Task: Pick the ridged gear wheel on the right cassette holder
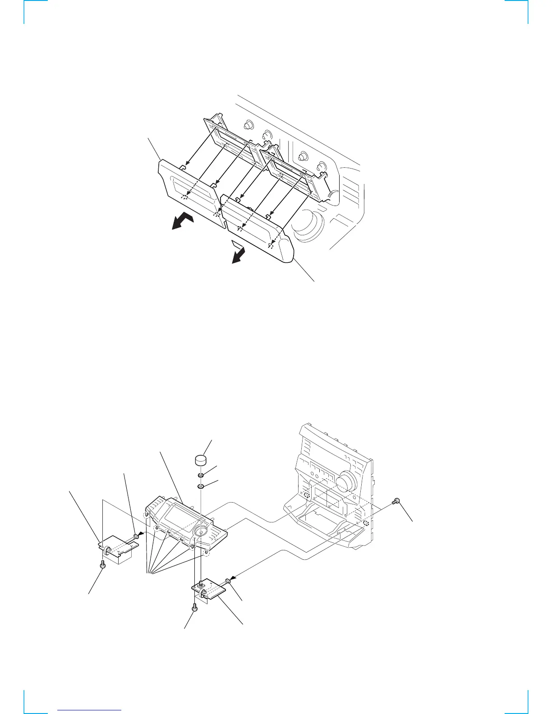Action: pos(333,195)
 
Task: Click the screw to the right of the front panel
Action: pos(396,500)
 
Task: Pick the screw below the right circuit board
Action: pos(194,607)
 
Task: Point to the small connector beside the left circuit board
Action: pos(136,535)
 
